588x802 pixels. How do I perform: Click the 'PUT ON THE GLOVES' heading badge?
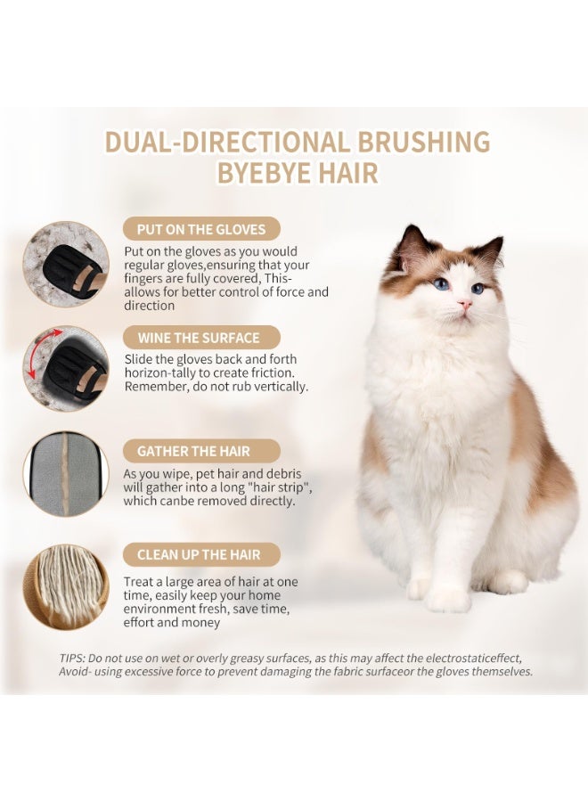(x=201, y=229)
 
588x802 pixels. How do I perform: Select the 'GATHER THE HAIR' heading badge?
(x=200, y=451)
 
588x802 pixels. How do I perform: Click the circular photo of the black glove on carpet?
(x=66, y=264)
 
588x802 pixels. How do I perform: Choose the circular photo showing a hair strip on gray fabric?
(x=65, y=474)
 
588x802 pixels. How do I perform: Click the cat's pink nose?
(x=464, y=304)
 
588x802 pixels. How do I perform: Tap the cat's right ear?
(x=491, y=250)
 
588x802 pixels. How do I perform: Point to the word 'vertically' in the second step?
(x=277, y=386)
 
